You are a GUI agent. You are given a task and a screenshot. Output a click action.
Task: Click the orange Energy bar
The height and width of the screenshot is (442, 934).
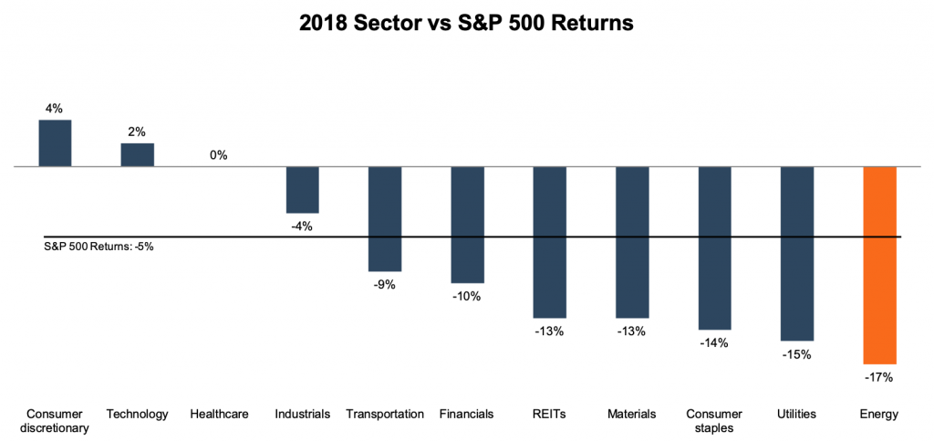(880, 265)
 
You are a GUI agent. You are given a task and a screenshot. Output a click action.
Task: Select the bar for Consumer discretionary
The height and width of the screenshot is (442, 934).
(55, 143)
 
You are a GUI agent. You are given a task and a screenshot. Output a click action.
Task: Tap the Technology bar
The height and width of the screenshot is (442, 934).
(138, 155)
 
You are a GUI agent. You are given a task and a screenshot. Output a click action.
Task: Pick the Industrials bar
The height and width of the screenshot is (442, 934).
(302, 190)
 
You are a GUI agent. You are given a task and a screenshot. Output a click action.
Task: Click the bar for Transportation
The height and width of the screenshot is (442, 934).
(385, 219)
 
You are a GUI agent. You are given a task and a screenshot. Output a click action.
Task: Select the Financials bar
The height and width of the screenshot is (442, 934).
(467, 225)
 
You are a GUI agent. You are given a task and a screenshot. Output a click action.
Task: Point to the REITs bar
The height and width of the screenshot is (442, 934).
(550, 242)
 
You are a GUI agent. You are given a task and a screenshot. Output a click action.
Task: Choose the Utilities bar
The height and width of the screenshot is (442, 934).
(797, 254)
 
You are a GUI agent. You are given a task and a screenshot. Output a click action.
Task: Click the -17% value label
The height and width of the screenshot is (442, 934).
(880, 376)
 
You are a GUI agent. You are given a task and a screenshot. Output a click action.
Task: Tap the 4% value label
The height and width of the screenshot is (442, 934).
(55, 109)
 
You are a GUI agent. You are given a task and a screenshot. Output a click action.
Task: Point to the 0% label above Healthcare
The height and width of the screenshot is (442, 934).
(219, 155)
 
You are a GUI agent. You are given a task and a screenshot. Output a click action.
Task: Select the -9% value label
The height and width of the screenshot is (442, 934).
(385, 284)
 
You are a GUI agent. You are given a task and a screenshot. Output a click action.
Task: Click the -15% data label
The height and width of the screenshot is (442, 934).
(797, 353)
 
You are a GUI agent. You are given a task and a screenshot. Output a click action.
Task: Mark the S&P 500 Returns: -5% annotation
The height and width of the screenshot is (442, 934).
(99, 247)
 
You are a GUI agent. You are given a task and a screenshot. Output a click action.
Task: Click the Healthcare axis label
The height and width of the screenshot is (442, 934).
(219, 414)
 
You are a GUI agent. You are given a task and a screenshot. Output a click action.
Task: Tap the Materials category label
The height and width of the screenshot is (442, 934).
(632, 414)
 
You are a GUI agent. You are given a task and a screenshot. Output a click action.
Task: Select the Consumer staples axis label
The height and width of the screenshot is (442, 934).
(714, 420)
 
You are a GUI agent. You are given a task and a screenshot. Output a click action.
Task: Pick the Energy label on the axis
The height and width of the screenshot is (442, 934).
(880, 414)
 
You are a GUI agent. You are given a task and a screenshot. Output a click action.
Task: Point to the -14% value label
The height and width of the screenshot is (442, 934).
(714, 342)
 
